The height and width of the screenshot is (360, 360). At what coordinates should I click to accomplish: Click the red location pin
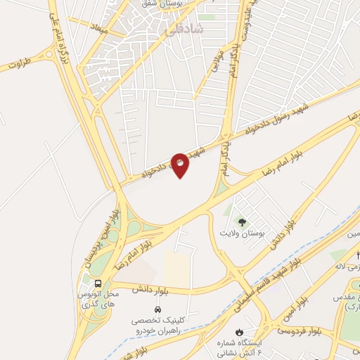click(181, 165)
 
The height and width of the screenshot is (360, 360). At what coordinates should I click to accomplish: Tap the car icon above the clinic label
click(157, 309)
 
